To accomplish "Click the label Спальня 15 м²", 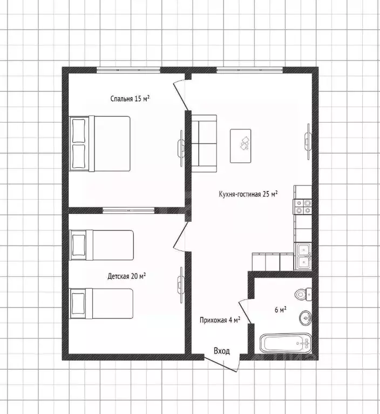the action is (130, 99).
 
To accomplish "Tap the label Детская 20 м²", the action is (127, 276).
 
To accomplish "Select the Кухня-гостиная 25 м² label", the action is (248, 194).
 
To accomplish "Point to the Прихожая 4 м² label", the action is (220, 320).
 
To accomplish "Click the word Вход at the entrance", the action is (222, 351).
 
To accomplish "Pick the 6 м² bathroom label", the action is (281, 309).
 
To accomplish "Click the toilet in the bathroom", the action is (303, 294).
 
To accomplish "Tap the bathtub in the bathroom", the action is (286, 343).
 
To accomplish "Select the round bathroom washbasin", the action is (306, 318).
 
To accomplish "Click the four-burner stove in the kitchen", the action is (302, 207).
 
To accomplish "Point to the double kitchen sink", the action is (303, 256).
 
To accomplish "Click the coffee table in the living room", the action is (241, 146).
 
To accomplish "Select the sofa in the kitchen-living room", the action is (204, 144).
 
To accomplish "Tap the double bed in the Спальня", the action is (100, 144).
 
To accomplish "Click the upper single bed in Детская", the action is (101, 245).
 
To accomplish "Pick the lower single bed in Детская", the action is (101, 303).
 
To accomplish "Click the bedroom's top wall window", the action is (128, 70).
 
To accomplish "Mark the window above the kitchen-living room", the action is (250, 70).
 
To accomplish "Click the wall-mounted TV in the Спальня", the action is (181, 148).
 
